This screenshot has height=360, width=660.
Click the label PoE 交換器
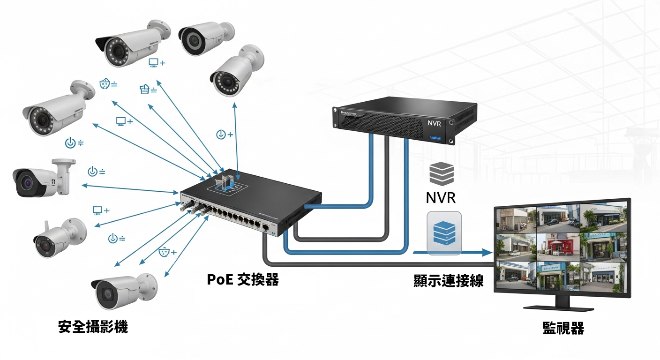(243, 280)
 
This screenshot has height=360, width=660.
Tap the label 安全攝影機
(93, 327)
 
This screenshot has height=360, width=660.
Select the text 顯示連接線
(448, 280)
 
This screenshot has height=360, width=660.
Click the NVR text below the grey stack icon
(441, 197)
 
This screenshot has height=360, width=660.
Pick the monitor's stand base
(558, 307)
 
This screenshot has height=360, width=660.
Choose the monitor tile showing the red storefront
(558, 246)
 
